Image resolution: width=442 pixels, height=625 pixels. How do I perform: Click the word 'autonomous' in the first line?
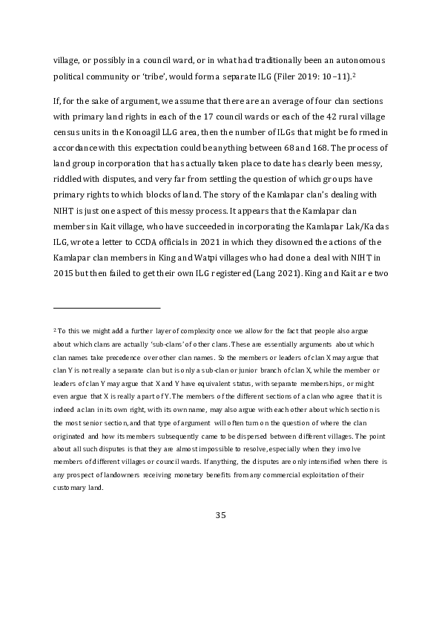click(x=355, y=59)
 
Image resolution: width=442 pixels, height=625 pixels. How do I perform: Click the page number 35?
click(x=220, y=515)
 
